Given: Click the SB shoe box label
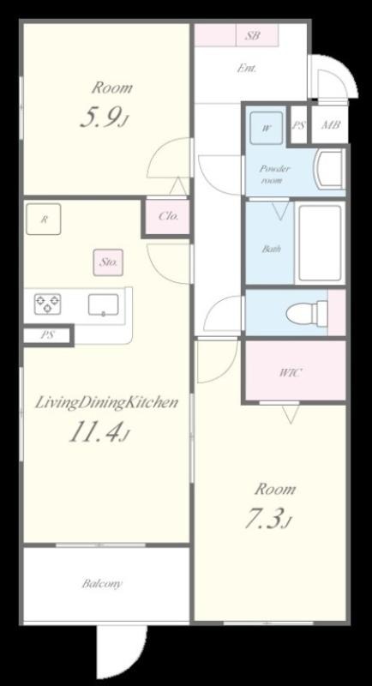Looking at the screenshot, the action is click(x=252, y=35).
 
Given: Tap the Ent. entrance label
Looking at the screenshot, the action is click(x=247, y=69).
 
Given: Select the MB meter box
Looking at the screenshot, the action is click(x=331, y=125).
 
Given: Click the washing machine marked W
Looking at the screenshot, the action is click(x=267, y=128).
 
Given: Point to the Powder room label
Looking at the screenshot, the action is click(x=274, y=174).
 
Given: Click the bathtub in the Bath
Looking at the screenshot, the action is click(x=320, y=244).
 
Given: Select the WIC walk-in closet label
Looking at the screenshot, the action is click(x=291, y=373).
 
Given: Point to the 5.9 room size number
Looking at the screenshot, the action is click(x=104, y=117).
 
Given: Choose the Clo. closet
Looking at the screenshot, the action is click(x=168, y=217).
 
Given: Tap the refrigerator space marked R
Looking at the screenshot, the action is click(x=43, y=220).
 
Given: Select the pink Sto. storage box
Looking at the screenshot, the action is click(x=108, y=262).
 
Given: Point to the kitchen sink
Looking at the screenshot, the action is click(x=103, y=304).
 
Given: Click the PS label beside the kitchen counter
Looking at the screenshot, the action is click(x=48, y=335).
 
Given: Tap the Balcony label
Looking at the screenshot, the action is click(x=102, y=584).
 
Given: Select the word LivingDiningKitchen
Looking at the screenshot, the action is click(x=106, y=402).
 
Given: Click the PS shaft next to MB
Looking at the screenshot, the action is click(x=298, y=124).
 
